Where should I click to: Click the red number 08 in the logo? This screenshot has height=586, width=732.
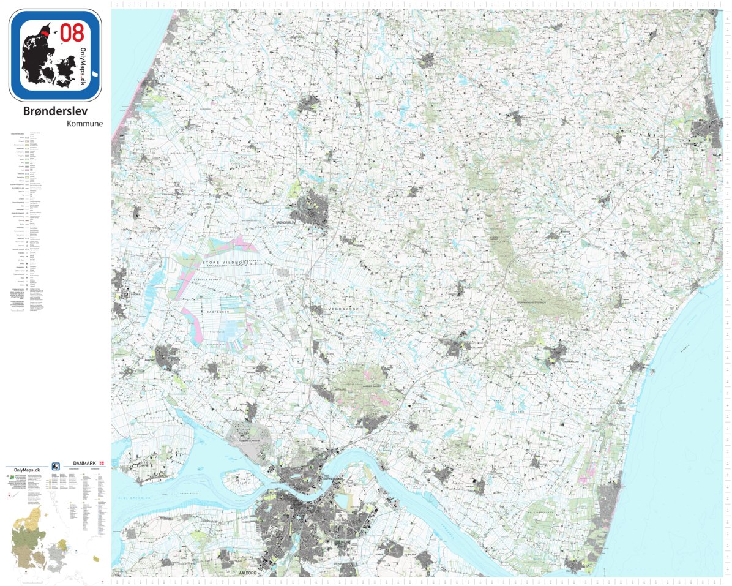tap(72, 32)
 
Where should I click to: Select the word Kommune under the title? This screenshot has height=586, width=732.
tap(84, 123)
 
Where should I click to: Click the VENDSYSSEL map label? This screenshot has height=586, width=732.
tap(346, 310)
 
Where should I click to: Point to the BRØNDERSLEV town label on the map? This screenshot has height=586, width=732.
tap(290, 222)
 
